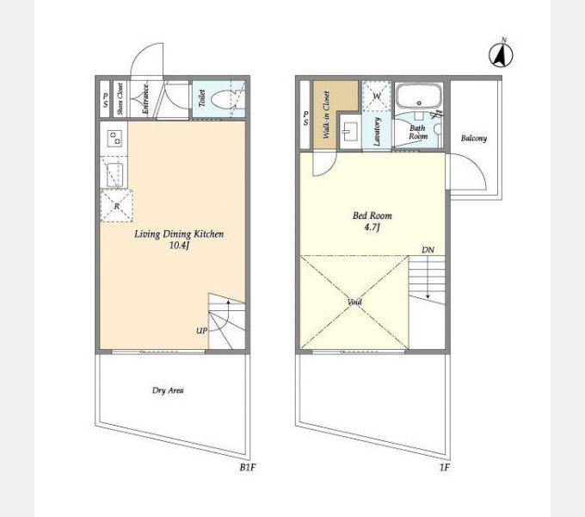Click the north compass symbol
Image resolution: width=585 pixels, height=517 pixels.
click(x=501, y=54)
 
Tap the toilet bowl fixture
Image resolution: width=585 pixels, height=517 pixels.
click(x=222, y=100)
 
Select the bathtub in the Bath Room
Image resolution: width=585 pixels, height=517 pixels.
click(x=418, y=97)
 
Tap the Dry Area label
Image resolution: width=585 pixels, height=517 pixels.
click(x=168, y=390)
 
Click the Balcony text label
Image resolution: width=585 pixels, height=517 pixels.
click(x=474, y=138)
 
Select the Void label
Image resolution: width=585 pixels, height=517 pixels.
click(x=354, y=302)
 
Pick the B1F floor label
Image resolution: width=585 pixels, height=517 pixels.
click(x=248, y=467)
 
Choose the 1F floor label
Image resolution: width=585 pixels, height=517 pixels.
click(x=445, y=467)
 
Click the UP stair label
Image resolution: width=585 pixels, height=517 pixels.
click(x=202, y=331)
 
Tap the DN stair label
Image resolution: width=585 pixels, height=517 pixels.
click(x=428, y=250)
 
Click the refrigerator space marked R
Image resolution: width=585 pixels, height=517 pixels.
click(x=117, y=206)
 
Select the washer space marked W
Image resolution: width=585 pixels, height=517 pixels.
click(x=377, y=96)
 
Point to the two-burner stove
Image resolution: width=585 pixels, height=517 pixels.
click(x=114, y=138)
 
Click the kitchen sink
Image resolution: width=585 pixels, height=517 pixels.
click(x=114, y=175)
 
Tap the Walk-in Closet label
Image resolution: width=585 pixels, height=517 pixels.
click(x=326, y=115)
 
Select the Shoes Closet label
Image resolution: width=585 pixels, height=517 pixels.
click(x=120, y=98)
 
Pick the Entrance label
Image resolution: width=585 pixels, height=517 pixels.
click(x=145, y=99)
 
